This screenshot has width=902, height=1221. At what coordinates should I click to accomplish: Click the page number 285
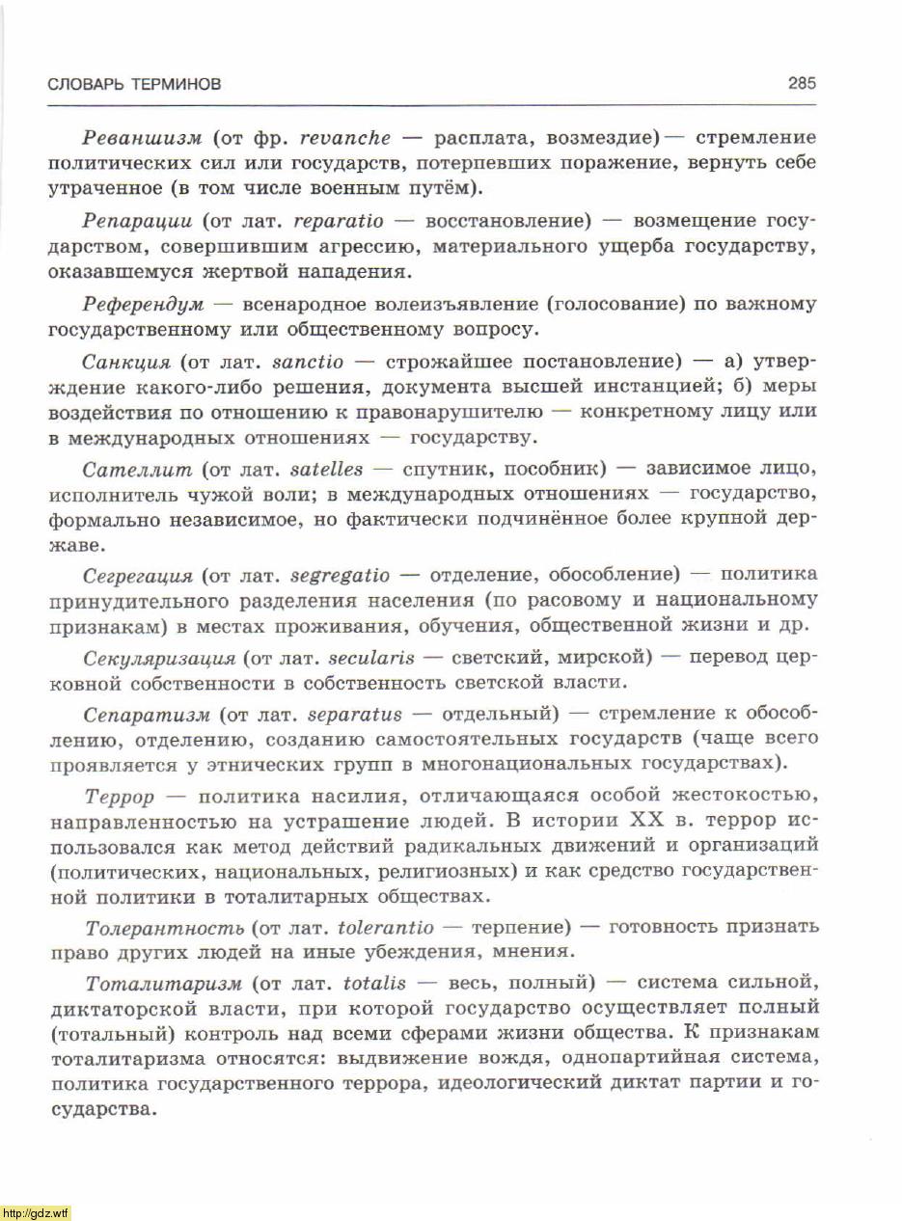pos(802,84)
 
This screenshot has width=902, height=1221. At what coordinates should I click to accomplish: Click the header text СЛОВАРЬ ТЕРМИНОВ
pos(134,85)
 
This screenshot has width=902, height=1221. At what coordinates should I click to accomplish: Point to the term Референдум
pos(144,305)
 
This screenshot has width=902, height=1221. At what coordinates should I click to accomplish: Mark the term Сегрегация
pos(138,576)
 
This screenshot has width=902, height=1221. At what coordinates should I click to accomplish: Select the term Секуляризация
pos(159,659)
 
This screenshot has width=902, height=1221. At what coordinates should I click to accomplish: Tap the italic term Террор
pos(119,798)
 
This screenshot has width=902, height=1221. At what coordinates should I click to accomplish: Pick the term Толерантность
pos(164,929)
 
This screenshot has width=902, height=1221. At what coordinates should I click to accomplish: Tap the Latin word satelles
pos(326,470)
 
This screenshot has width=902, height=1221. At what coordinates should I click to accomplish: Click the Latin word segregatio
pos(340,576)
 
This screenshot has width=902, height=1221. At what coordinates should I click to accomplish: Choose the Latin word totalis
pos(374,984)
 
